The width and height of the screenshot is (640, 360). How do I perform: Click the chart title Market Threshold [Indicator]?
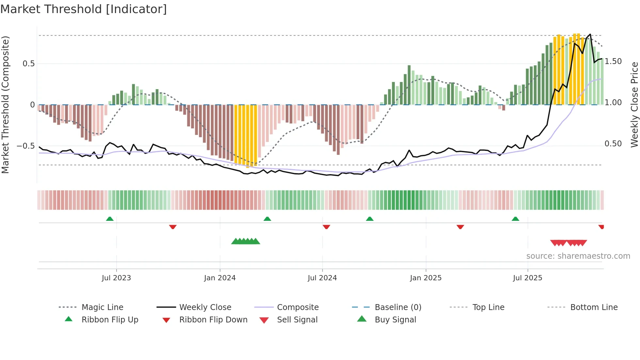(84, 9)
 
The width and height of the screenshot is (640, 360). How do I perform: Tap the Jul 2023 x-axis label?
(116, 278)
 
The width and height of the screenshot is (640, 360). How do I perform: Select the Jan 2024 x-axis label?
(220, 278)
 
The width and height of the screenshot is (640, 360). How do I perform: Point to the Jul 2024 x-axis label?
(322, 278)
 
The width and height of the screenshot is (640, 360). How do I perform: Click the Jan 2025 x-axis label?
(425, 278)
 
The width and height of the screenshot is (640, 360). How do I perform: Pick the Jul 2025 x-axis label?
(527, 278)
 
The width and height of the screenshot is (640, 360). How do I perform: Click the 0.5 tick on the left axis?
(29, 63)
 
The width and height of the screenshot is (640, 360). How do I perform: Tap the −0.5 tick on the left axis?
(26, 146)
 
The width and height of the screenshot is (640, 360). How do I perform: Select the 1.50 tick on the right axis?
(613, 61)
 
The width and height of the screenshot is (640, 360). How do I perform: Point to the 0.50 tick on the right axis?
(613, 144)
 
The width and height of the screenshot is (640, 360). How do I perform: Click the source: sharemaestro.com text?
(578, 256)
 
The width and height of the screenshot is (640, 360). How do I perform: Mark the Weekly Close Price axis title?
(634, 105)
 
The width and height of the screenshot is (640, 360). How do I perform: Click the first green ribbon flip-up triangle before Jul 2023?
(110, 219)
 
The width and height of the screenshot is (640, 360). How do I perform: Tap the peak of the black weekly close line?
(590, 34)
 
